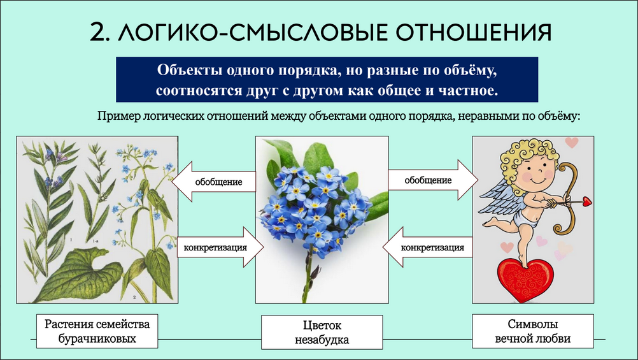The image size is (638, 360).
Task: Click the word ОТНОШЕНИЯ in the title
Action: pyautogui.click(x=473, y=32)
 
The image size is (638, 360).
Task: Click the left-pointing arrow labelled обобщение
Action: pyautogui.click(x=214, y=182)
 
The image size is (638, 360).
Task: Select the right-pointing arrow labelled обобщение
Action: pyautogui.click(x=433, y=180)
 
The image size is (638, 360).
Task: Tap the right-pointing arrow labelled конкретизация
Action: pyautogui.click(x=220, y=247)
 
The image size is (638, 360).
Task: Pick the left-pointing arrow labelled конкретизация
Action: pyautogui.click(x=428, y=247)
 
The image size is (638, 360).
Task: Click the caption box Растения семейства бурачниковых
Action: pyautogui.click(x=97, y=331)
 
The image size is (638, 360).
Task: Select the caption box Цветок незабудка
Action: pyautogui.click(x=322, y=333)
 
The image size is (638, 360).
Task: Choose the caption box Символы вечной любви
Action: pyautogui.click(x=532, y=331)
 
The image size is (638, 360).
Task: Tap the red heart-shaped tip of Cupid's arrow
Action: pyautogui.click(x=586, y=201)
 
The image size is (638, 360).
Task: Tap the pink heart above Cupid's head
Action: pyautogui.click(x=572, y=142)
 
